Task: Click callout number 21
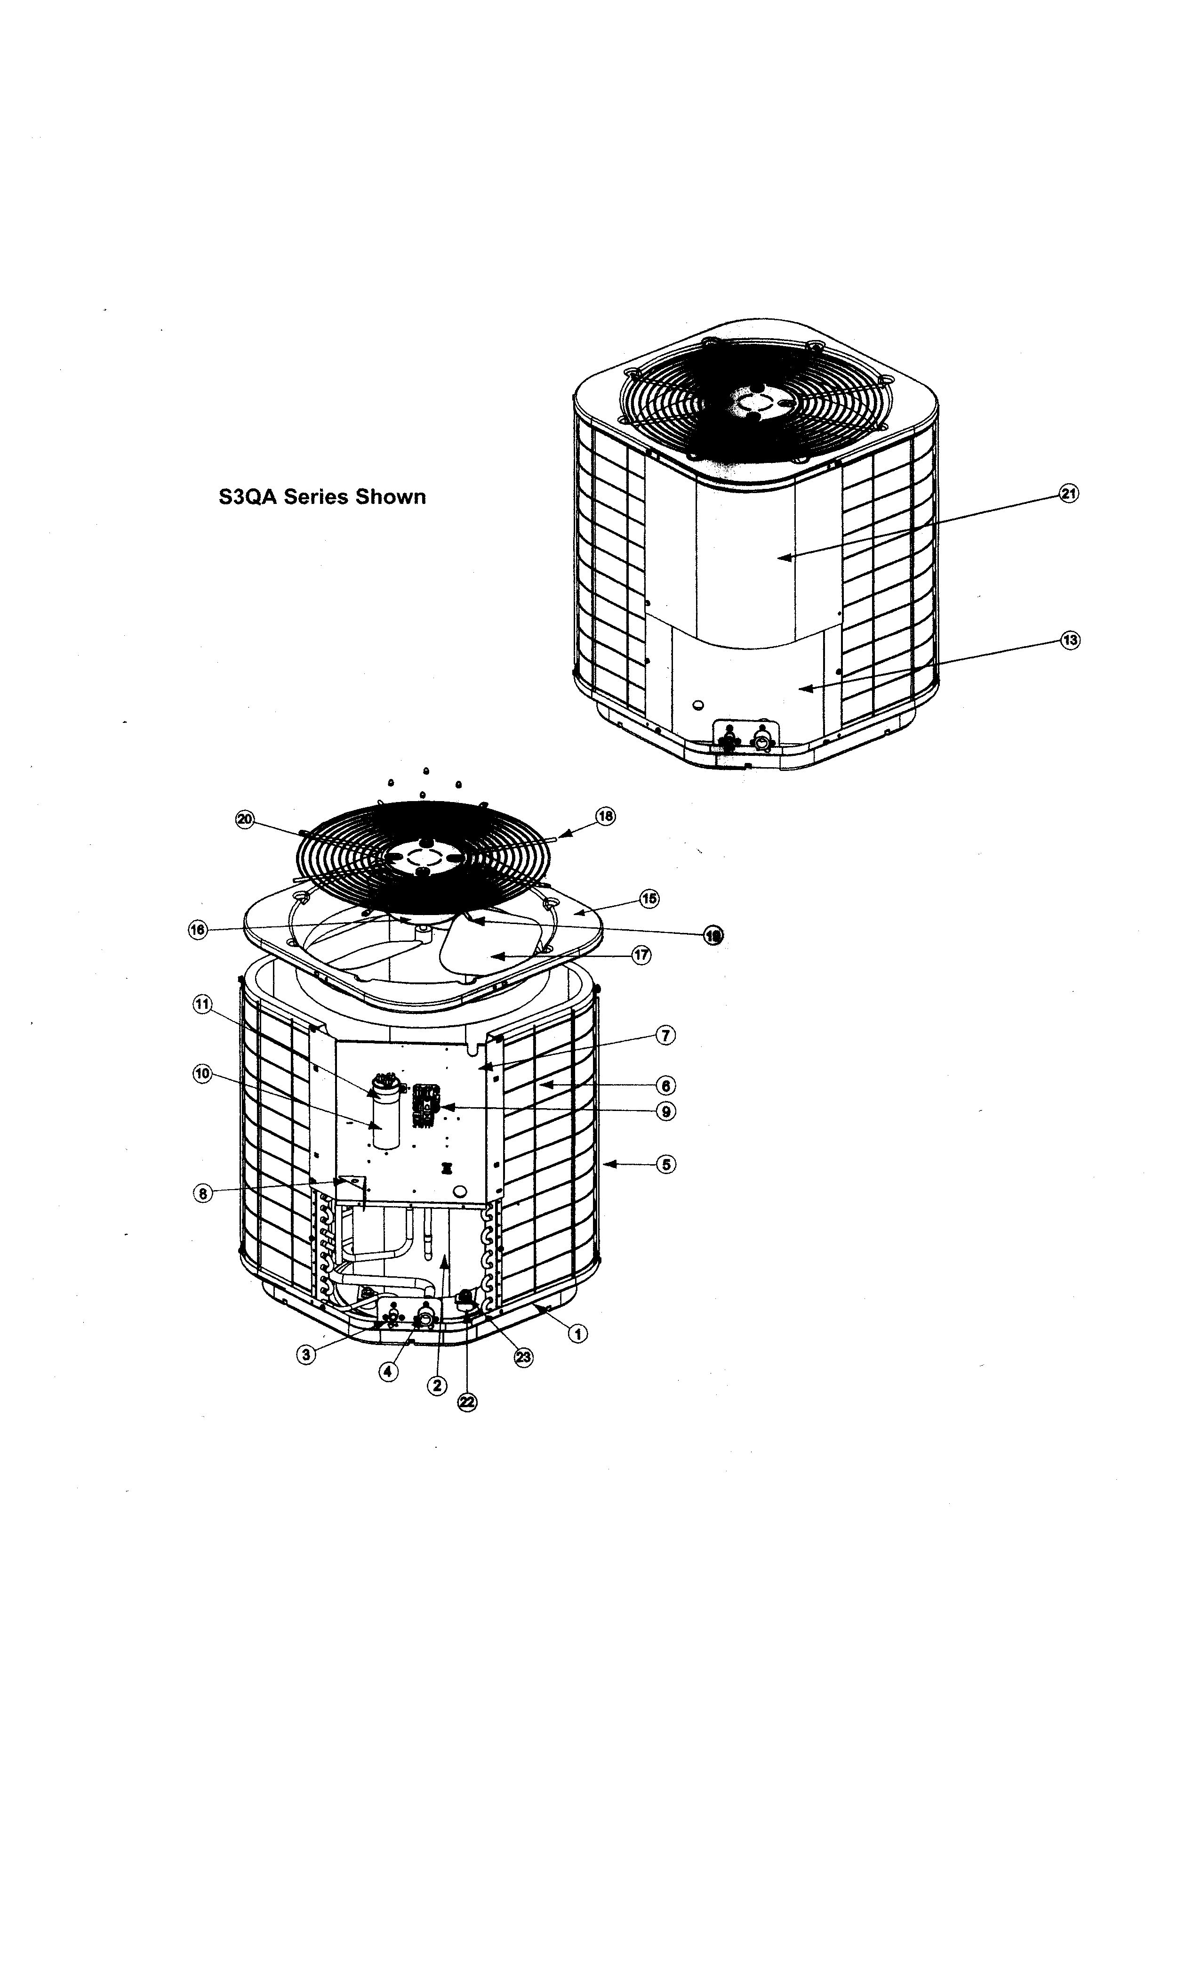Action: pyautogui.click(x=1069, y=494)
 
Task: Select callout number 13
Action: pyautogui.click(x=1069, y=640)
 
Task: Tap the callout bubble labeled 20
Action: pyautogui.click(x=245, y=819)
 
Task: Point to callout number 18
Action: pyautogui.click(x=605, y=816)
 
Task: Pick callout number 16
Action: pyautogui.click(x=197, y=930)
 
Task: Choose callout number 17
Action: pyautogui.click(x=641, y=955)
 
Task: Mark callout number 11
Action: pyautogui.click(x=202, y=1004)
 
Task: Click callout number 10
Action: pyautogui.click(x=202, y=1073)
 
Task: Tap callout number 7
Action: pyautogui.click(x=665, y=1036)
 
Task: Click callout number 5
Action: pyautogui.click(x=665, y=1163)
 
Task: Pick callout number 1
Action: pyautogui.click(x=577, y=1333)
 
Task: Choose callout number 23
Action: pyautogui.click(x=523, y=1357)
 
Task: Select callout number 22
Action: pyautogui.click(x=466, y=1402)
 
